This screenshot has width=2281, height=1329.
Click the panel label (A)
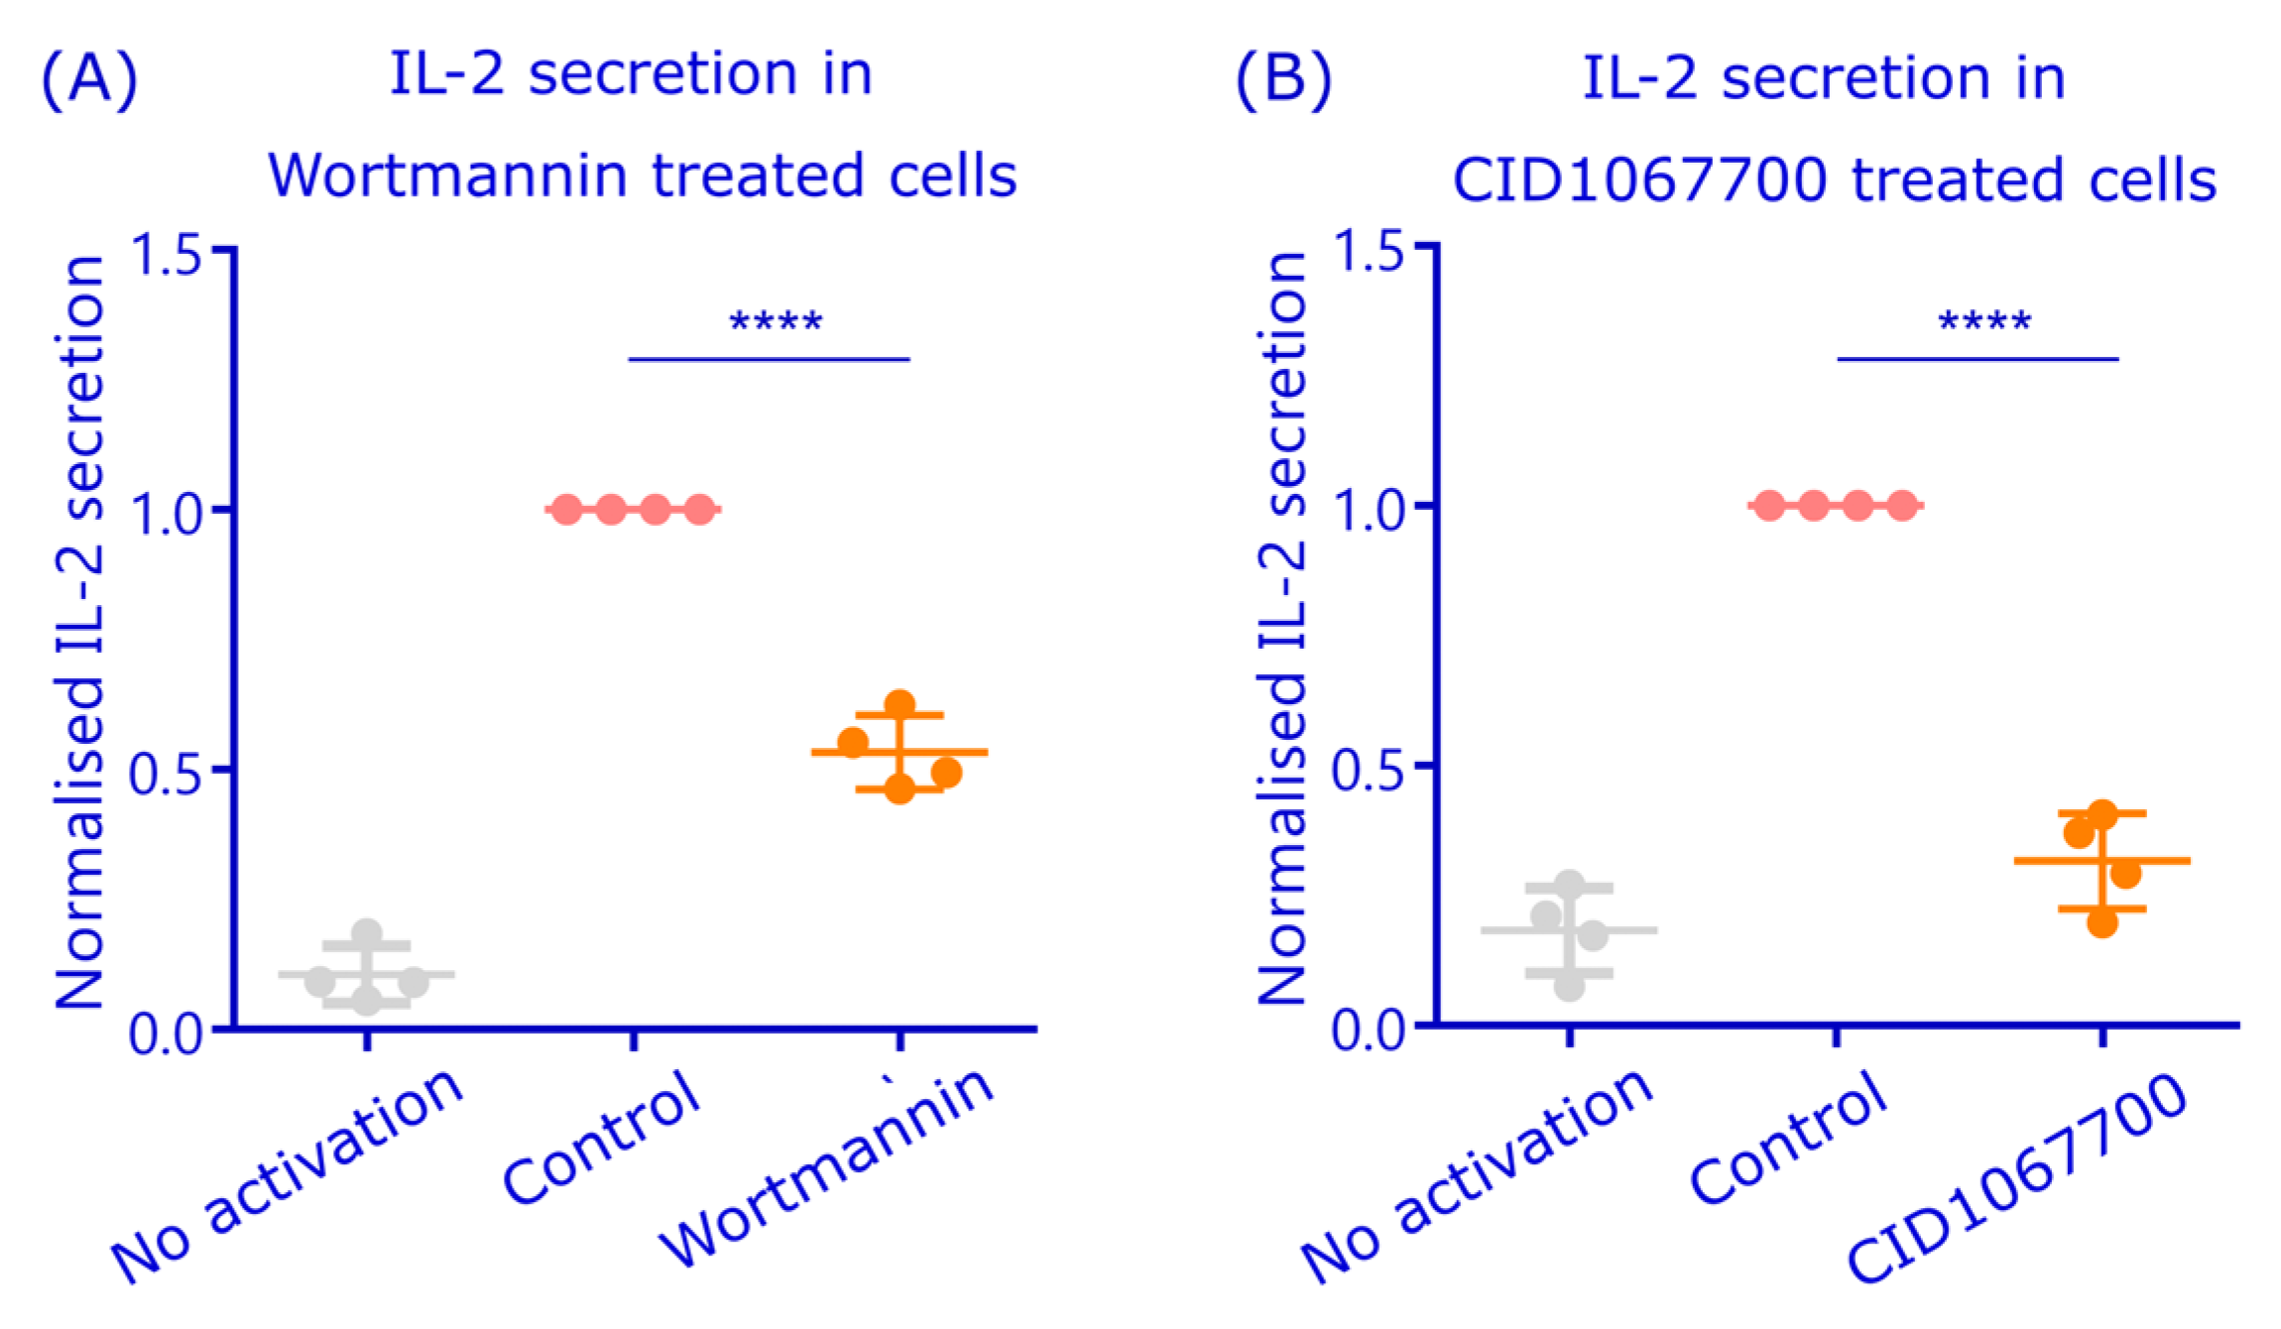(88, 79)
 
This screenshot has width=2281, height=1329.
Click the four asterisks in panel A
(776, 323)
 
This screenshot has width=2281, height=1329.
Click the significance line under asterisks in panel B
(1978, 359)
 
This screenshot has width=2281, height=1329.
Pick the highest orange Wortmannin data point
(900, 705)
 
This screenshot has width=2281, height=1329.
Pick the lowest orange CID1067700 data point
(2102, 923)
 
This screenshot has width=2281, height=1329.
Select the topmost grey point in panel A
(367, 933)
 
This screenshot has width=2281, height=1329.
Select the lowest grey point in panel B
(1569, 987)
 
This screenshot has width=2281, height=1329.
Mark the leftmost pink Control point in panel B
(1769, 506)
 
